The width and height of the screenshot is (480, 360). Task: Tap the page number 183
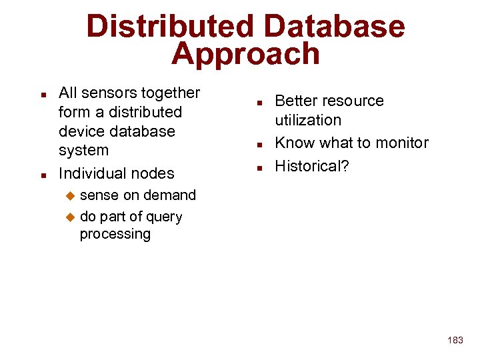point(455,340)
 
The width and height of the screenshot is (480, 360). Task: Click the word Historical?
point(312,166)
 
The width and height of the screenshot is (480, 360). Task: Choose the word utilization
point(308,120)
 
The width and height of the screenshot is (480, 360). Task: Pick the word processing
point(115,234)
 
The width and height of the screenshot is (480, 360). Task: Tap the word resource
point(354,101)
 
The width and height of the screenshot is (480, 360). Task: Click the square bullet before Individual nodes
point(43,175)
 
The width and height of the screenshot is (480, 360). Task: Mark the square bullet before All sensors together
point(43,94)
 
